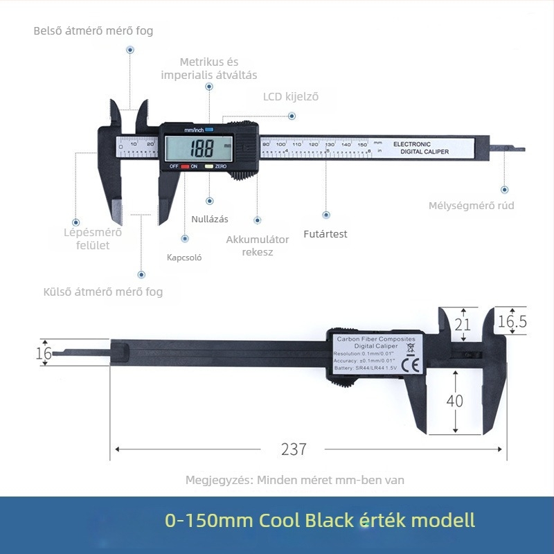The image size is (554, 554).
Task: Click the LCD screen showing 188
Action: tap(199, 148)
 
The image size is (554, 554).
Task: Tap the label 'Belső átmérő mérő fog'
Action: tap(93, 31)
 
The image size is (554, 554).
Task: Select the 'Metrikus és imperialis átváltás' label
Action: tap(209, 69)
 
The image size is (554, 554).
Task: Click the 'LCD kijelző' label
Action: tap(291, 97)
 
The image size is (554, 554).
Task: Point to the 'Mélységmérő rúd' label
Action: tap(472, 206)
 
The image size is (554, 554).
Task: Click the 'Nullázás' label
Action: tap(210, 219)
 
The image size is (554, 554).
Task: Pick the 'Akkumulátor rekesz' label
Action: tap(258, 245)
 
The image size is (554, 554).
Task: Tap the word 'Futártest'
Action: tap(325, 234)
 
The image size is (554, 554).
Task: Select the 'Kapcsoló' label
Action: tap(184, 257)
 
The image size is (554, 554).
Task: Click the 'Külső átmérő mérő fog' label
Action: tap(103, 292)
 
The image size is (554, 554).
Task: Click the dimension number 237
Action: tap(294, 449)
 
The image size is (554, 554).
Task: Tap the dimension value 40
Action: tap(455, 401)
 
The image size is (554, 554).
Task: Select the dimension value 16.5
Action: tap(512, 321)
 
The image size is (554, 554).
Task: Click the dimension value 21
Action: tap(463, 323)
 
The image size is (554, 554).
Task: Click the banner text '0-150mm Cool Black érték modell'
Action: tap(320, 520)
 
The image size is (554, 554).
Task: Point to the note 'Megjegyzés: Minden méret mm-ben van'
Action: tap(294, 480)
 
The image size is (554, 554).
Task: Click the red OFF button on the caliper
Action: tap(185, 167)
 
